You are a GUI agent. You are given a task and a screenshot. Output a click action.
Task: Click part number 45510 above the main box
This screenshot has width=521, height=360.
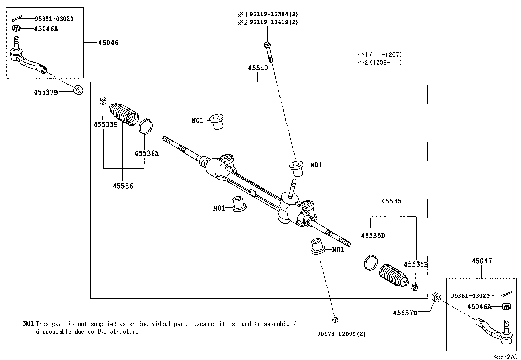pyautogui.click(x=258, y=68)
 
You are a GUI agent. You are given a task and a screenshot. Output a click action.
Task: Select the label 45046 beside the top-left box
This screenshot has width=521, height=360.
pyautogui.click(x=108, y=43)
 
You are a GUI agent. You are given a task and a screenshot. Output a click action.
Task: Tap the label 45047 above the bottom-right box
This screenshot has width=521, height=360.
pyautogui.click(x=481, y=261)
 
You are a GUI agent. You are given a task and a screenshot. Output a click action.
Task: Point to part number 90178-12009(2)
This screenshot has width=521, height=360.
pyautogui.click(x=341, y=334)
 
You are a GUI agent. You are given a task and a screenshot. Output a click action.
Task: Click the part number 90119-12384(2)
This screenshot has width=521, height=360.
pyautogui.click(x=274, y=14)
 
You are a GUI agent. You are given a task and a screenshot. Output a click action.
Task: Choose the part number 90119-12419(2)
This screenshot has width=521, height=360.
pyautogui.click(x=274, y=22)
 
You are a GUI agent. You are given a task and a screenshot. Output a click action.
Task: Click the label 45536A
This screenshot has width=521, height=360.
pyautogui.click(x=147, y=153)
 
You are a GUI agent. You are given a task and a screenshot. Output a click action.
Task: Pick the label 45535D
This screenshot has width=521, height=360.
pyautogui.click(x=373, y=236)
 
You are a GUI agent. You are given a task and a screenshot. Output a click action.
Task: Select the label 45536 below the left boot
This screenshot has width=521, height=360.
pyautogui.click(x=123, y=186)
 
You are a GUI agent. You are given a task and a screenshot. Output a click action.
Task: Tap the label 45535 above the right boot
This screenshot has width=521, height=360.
pyautogui.click(x=391, y=201)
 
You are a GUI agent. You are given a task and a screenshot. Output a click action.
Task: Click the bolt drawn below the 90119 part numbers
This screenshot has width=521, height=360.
pyautogui.click(x=268, y=51)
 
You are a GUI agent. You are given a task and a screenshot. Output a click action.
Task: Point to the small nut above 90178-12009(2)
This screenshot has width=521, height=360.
pyautogui.click(x=335, y=319)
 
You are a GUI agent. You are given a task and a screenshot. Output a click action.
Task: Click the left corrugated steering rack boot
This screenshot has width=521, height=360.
pyautogui.click(x=124, y=114)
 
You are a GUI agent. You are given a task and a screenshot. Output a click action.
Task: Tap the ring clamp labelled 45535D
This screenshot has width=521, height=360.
pyautogui.click(x=370, y=262)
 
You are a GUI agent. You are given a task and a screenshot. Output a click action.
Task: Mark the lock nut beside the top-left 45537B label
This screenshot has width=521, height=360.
pyautogui.click(x=78, y=90)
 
